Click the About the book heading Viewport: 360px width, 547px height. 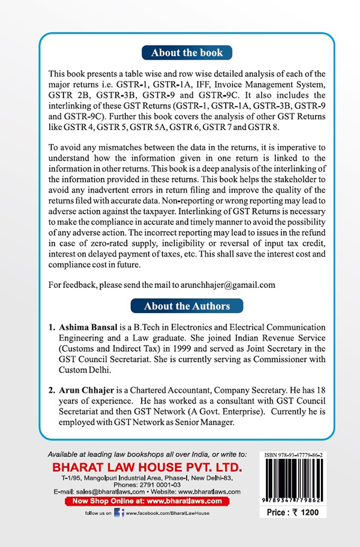pos(187,53)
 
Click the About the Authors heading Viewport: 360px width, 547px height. pos(187,306)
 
